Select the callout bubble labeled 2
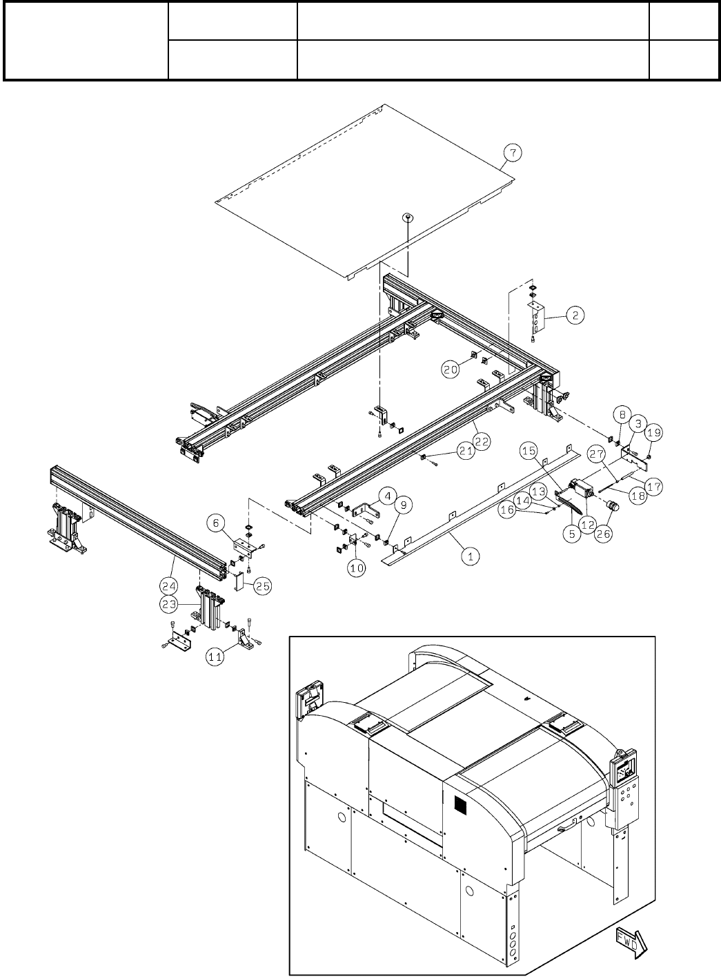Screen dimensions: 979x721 575,316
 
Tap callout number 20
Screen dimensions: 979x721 451,369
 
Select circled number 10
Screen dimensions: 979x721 356,571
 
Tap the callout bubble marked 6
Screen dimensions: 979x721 219,524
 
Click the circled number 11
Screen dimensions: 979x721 215,657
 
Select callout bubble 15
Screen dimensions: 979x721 529,451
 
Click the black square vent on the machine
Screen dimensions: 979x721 460,805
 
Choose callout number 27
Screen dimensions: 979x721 597,453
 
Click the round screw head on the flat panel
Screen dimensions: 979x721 408,217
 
